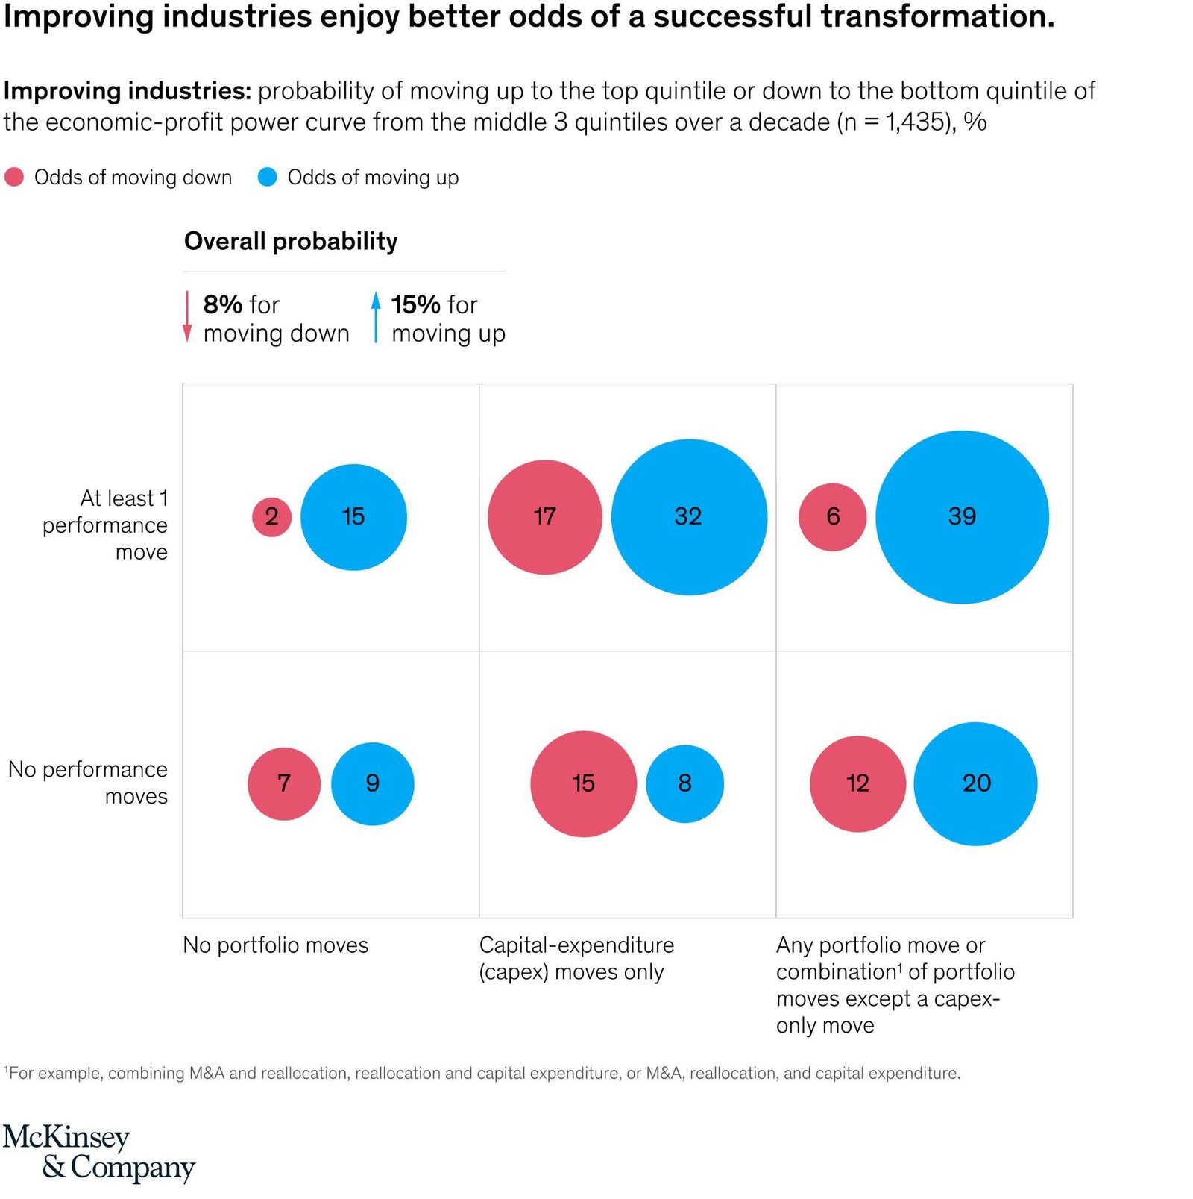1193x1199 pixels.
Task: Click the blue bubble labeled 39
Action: (x=962, y=517)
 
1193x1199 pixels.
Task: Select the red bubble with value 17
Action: (x=545, y=517)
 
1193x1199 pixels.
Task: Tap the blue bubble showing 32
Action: (x=689, y=517)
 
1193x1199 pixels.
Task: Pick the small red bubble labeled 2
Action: (x=271, y=517)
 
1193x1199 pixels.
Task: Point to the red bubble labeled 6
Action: (x=833, y=517)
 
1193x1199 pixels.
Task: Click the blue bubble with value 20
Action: (x=975, y=783)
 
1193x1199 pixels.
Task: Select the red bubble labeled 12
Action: (x=858, y=783)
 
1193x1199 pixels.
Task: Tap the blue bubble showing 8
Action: (x=684, y=783)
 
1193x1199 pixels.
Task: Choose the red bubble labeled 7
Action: (x=284, y=783)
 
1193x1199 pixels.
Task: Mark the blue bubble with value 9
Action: (x=373, y=783)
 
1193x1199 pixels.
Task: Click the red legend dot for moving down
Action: (x=14, y=177)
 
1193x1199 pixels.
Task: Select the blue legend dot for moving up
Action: (x=267, y=177)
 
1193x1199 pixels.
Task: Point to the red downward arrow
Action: (x=187, y=317)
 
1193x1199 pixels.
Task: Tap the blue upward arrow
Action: (x=376, y=317)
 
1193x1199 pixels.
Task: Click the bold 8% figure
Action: (x=223, y=304)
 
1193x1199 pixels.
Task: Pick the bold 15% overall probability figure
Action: (x=416, y=304)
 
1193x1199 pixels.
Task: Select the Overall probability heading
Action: (x=291, y=241)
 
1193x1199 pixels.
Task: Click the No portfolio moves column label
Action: (x=276, y=945)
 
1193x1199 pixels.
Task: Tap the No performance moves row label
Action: (x=88, y=783)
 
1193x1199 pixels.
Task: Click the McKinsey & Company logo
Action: (x=99, y=1153)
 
